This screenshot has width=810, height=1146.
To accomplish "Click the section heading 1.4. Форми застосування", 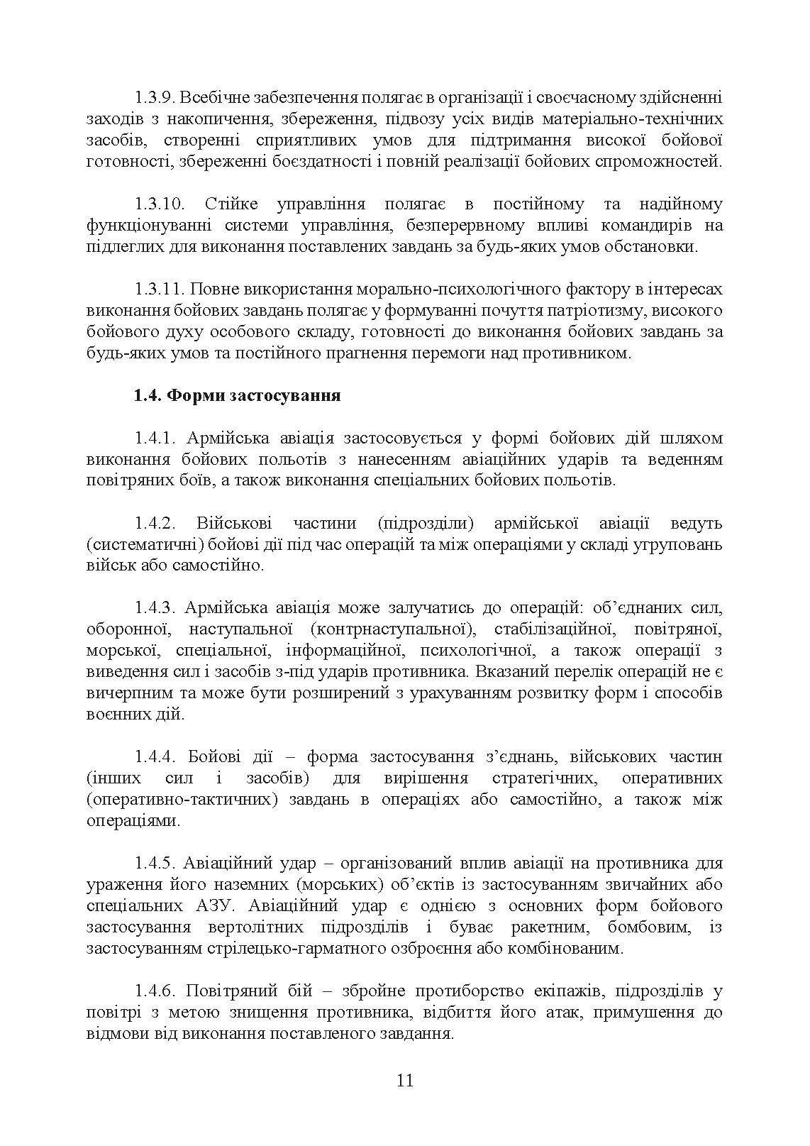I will click(237, 396).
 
